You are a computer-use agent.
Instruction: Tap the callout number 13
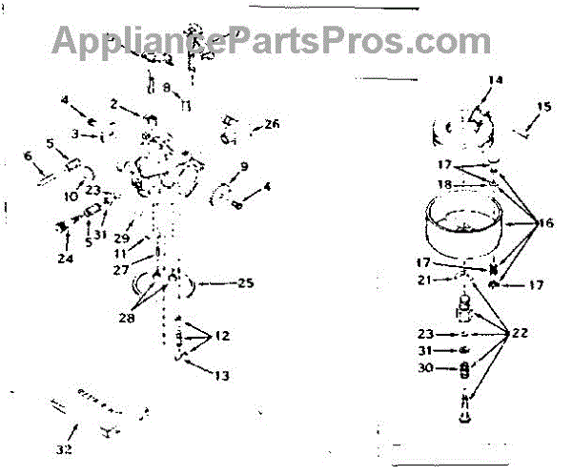click(x=221, y=376)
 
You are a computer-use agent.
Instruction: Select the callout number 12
click(x=221, y=336)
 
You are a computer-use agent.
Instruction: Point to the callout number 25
click(x=245, y=283)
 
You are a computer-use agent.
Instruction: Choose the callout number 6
click(x=28, y=156)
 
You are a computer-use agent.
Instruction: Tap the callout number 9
click(x=243, y=167)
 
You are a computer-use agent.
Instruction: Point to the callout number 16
click(x=544, y=224)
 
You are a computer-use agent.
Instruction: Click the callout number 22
click(x=521, y=334)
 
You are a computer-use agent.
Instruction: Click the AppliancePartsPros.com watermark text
click(x=257, y=40)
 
